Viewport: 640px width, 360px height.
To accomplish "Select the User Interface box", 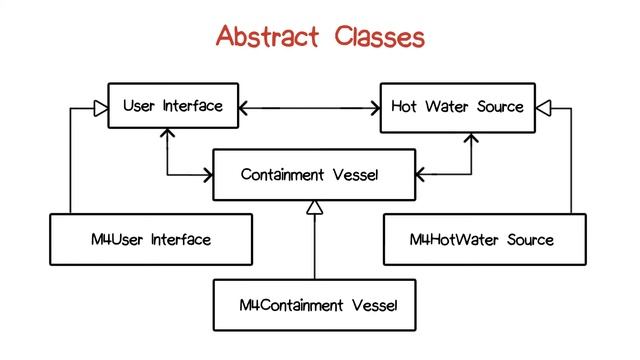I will point(173,106).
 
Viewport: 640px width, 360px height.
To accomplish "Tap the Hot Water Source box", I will point(457,106).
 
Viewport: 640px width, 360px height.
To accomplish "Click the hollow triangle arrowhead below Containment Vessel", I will point(314,207).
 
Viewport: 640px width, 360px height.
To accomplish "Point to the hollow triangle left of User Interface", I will point(100,106).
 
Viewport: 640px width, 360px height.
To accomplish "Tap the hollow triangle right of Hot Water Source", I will point(543,106).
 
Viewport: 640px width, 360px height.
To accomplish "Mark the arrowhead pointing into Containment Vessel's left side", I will point(207,176).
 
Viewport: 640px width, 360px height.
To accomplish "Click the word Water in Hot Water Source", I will point(447,106).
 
